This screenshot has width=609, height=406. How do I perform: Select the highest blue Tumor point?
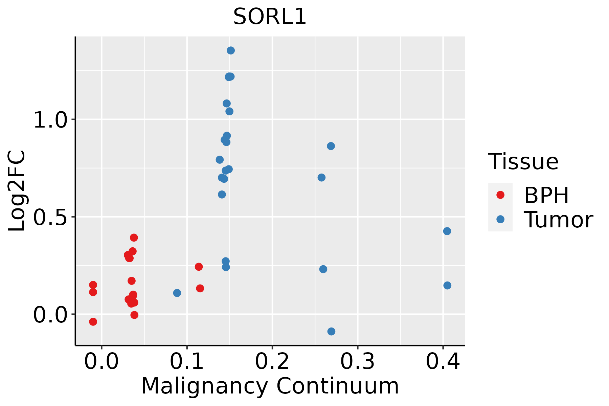click(x=231, y=50)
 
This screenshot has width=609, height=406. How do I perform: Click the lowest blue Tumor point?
click(x=331, y=331)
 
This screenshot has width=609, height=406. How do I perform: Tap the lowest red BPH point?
click(x=93, y=321)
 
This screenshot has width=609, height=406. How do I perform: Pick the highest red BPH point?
click(x=134, y=238)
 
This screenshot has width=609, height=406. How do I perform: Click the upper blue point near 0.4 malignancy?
click(x=447, y=231)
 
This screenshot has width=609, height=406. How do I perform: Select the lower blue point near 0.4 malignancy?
click(x=447, y=286)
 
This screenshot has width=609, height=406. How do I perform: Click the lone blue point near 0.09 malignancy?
click(x=177, y=293)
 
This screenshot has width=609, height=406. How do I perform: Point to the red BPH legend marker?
click(x=500, y=195)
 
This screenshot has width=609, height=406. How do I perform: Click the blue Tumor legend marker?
click(x=500, y=219)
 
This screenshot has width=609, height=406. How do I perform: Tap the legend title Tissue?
click(x=523, y=162)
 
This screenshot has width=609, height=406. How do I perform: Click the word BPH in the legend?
click(x=546, y=195)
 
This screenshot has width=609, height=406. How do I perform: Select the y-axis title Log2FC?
click(x=17, y=191)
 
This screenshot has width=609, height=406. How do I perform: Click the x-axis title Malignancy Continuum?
click(x=270, y=386)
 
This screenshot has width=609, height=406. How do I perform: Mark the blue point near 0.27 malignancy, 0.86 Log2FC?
click(x=331, y=146)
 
